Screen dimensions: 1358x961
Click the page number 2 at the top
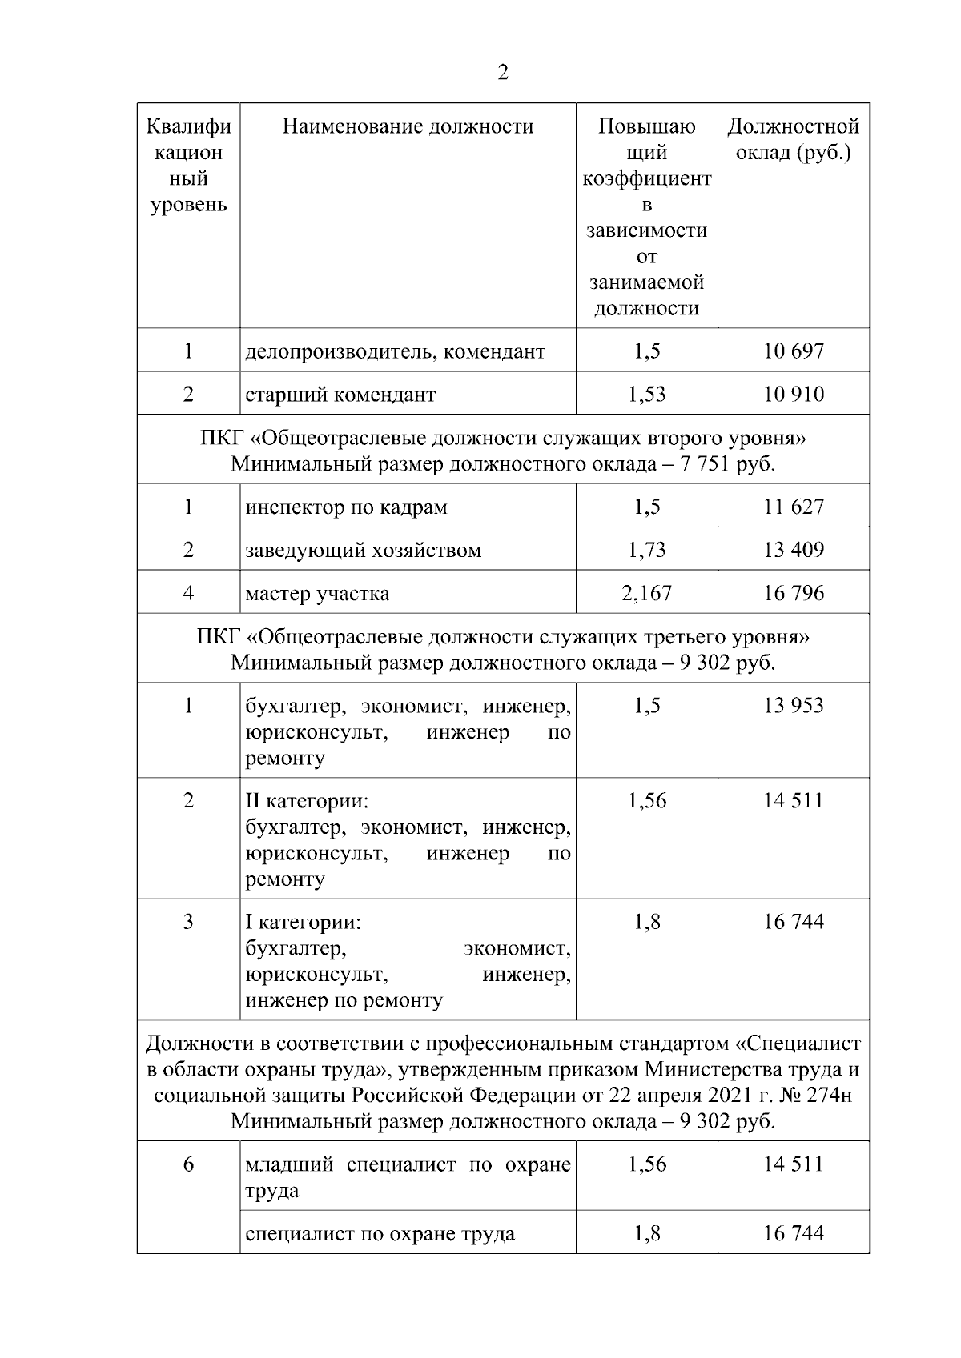click(502, 73)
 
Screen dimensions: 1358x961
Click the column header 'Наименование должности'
click(408, 126)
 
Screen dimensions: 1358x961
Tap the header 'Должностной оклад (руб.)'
click(793, 139)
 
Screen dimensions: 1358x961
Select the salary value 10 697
click(793, 351)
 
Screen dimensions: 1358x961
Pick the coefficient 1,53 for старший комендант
click(646, 394)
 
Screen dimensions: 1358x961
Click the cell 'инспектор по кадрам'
click(346, 507)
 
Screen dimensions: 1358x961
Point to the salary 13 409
click(793, 550)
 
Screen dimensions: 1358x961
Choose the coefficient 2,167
click(646, 593)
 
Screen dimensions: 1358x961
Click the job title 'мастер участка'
click(317, 594)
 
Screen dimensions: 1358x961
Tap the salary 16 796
click(793, 593)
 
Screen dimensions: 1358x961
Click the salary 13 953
click(793, 705)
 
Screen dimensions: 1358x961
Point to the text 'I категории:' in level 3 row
click(303, 922)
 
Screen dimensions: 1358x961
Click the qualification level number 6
click(188, 1164)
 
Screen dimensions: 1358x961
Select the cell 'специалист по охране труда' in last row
click(380, 1233)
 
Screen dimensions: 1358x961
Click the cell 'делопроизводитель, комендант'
click(395, 351)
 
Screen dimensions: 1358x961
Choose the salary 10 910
click(793, 394)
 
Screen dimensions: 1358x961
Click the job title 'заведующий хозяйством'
click(363, 551)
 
